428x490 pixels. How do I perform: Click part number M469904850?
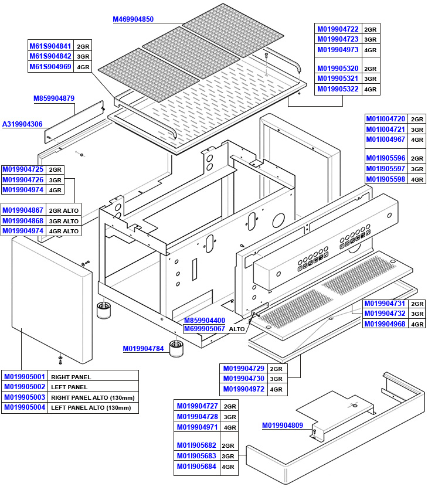(133, 19)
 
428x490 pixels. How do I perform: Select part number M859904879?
(53, 98)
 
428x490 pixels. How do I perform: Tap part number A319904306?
(22, 124)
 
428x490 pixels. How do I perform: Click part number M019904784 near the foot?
(143, 349)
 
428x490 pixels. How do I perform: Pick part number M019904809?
(282, 425)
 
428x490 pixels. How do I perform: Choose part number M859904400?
(204, 321)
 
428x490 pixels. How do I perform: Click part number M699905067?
(204, 329)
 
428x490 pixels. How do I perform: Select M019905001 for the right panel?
(24, 376)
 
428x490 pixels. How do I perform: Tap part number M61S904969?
(50, 67)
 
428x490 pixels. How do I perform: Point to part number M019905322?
(337, 89)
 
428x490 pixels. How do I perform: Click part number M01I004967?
(385, 139)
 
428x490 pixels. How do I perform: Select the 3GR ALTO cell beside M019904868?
(63, 220)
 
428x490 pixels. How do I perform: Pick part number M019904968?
(385, 324)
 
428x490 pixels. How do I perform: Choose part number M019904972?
(243, 389)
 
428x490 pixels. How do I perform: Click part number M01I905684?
(196, 467)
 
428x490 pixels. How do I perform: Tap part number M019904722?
(337, 29)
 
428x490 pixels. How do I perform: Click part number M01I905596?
(385, 158)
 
